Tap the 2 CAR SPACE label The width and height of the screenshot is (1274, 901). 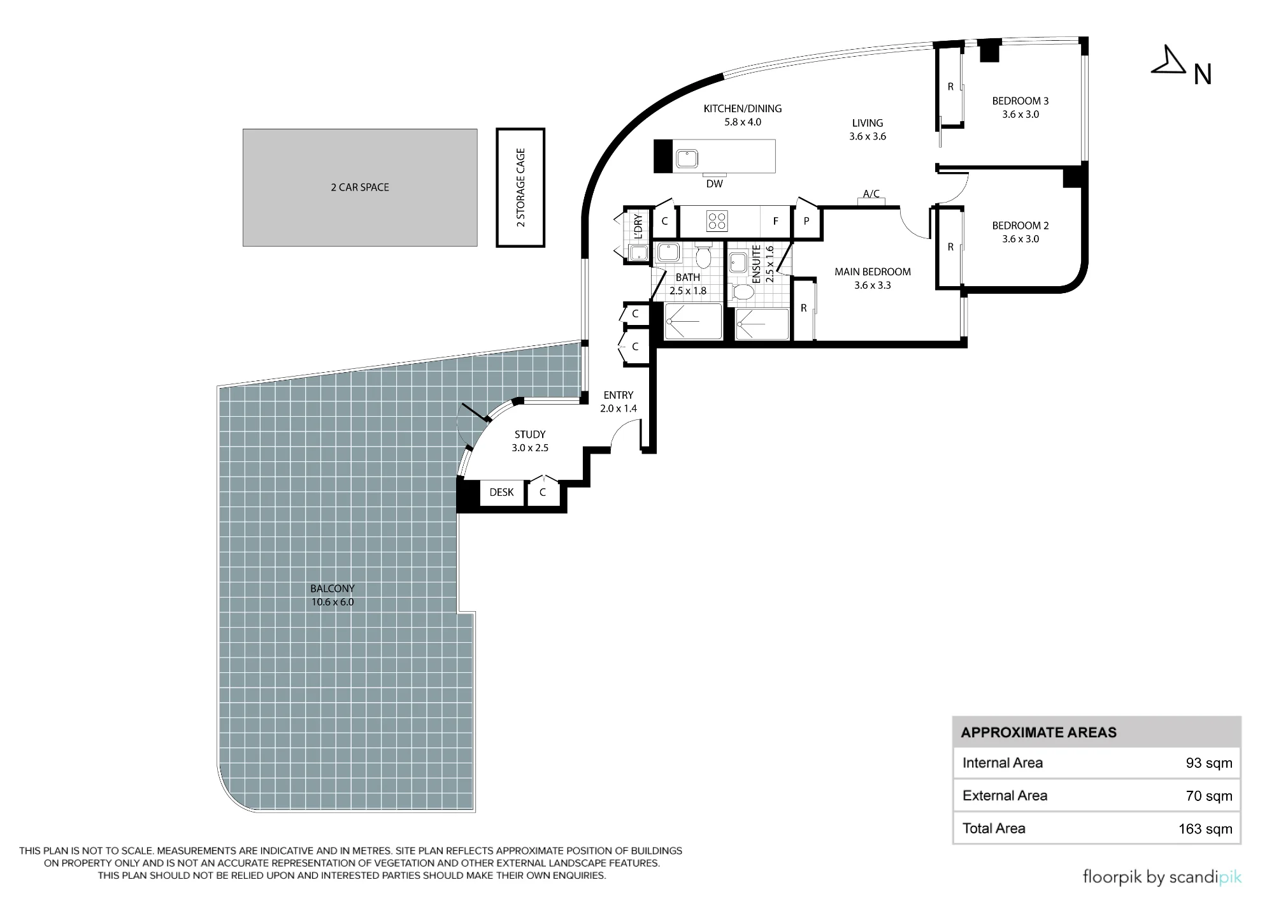[x=360, y=187]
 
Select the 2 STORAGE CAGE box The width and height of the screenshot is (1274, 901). [x=520, y=187]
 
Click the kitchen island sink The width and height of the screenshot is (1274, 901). [x=687, y=158]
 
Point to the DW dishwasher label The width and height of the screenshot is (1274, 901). [x=715, y=184]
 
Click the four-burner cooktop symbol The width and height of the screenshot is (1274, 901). [x=717, y=221]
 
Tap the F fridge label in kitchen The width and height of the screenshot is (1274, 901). [x=776, y=221]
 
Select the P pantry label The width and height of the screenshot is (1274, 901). [x=806, y=221]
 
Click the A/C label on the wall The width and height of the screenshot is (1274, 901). [x=871, y=194]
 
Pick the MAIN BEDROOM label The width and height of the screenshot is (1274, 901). [x=873, y=271]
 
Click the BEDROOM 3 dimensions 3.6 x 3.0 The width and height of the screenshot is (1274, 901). [x=1020, y=115]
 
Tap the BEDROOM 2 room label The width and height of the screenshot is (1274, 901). [x=1020, y=226]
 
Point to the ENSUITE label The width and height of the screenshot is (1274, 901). [x=757, y=264]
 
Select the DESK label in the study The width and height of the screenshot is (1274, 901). [x=501, y=492]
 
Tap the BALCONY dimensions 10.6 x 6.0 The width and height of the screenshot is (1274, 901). [x=333, y=602]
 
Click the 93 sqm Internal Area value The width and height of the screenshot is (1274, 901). [x=1209, y=763]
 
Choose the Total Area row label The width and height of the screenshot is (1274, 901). [x=994, y=828]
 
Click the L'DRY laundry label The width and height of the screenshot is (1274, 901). [x=638, y=226]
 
